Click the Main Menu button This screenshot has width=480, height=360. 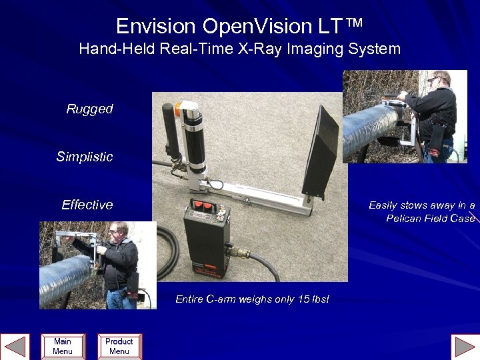[x=63, y=346]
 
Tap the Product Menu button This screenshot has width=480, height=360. [x=119, y=346]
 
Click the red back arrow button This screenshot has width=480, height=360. [x=15, y=347]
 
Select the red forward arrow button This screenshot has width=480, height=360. [x=465, y=347]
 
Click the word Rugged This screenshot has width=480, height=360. [x=89, y=109]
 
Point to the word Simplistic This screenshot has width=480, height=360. [x=85, y=157]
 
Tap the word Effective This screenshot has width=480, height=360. [x=87, y=205]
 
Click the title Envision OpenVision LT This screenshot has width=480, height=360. [x=239, y=26]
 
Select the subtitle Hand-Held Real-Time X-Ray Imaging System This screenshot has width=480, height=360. [x=239, y=49]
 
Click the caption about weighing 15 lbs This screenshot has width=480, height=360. [x=252, y=299]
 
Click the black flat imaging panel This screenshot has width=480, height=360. [x=321, y=153]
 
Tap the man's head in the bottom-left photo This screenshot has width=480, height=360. [x=117, y=231]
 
